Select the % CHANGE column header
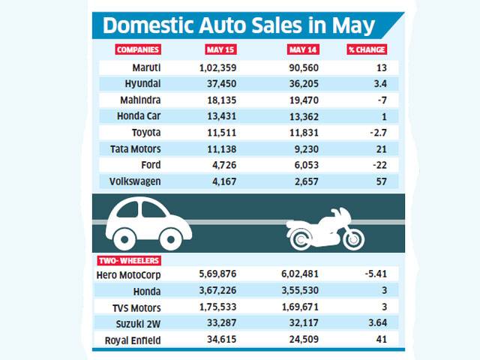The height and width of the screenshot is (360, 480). click(x=367, y=49)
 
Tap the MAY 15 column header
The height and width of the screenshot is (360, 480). click(x=221, y=49)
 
